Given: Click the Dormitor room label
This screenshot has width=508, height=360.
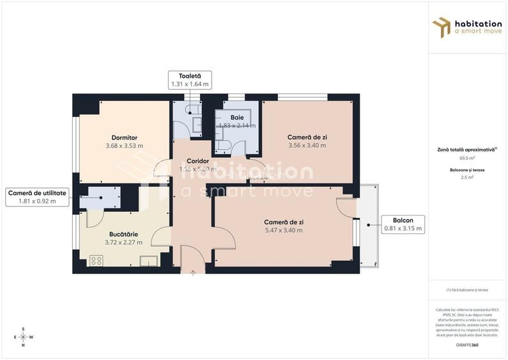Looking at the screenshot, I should click(x=124, y=137).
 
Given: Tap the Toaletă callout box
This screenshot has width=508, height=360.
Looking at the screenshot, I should click(x=190, y=80).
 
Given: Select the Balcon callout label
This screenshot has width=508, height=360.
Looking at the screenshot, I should click(x=402, y=224).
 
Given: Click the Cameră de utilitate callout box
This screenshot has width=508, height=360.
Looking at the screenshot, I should click(x=37, y=197).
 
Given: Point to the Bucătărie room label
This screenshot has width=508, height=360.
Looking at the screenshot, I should click(x=123, y=234).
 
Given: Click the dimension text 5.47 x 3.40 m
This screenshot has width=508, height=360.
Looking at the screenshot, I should click(x=284, y=230).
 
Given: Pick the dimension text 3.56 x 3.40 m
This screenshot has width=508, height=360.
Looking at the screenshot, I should click(x=307, y=145).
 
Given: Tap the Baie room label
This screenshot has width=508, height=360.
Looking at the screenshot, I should click(x=238, y=118).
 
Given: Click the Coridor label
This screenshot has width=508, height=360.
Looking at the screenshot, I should click(x=198, y=161).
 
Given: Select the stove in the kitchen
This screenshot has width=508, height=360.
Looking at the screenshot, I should click(x=96, y=260).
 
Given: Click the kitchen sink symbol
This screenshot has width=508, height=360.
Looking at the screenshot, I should click(x=149, y=260).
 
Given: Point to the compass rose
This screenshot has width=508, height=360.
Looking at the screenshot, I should click(x=23, y=336).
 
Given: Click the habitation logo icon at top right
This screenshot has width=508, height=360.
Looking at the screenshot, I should click(x=442, y=27).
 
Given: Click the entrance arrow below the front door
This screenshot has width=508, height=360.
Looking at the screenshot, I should click(x=193, y=272).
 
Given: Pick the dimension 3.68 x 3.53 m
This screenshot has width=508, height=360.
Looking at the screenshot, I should click(x=124, y=146).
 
